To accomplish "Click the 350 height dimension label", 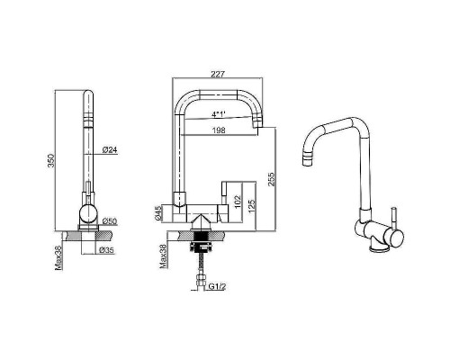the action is tap(51, 160).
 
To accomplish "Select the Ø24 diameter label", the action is tap(110, 149).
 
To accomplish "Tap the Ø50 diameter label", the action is tap(110, 221).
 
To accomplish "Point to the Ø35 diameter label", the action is tap(107, 250).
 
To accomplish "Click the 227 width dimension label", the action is tap(218, 74).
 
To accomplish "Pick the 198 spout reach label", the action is tap(219, 130).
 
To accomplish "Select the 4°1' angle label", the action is tap(219, 114).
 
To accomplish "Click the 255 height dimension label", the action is tap(271, 179).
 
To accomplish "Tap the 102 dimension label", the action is tap(237, 202).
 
